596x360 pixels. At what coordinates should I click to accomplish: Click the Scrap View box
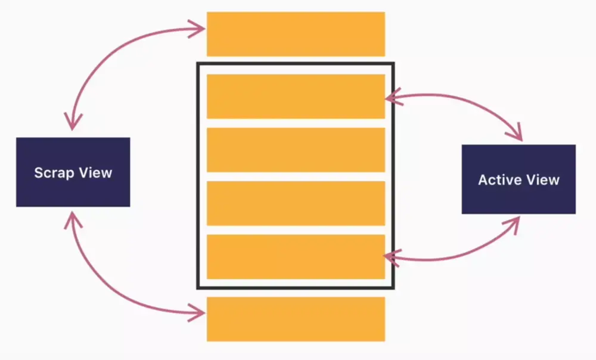[x=73, y=172]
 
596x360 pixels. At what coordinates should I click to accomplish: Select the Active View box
[x=519, y=179]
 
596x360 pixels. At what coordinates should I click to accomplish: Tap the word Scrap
[x=54, y=173]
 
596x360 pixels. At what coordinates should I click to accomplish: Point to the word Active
[x=498, y=179]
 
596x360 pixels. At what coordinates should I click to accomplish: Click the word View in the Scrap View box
[x=95, y=173]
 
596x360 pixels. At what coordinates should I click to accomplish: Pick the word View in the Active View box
[x=542, y=179]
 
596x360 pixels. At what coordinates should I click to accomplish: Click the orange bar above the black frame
[x=296, y=34]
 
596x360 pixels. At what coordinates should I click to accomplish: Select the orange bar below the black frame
[x=296, y=319]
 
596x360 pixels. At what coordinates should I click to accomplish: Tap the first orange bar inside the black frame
[x=296, y=96]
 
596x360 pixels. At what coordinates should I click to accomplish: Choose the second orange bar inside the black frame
[x=296, y=150]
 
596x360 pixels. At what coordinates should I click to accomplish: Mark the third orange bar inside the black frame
[x=296, y=203]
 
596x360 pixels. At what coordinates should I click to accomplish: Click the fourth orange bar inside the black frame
[x=296, y=256]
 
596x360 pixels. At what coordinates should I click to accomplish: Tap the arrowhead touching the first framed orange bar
[x=391, y=97]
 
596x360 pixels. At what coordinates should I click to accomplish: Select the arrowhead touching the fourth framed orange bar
[x=390, y=257]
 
